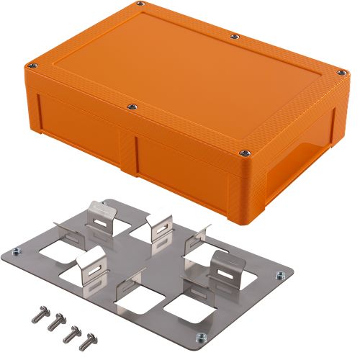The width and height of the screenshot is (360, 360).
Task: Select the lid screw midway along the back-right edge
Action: click(235, 36)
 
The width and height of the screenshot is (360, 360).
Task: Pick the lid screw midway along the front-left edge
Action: click(131, 107)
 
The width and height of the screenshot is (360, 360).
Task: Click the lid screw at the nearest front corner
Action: click(246, 152)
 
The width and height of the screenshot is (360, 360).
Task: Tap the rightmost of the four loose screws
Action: click(89, 338)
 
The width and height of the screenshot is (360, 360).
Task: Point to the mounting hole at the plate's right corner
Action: click(278, 272)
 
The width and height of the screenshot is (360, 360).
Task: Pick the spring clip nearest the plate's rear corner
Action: click(102, 214)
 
